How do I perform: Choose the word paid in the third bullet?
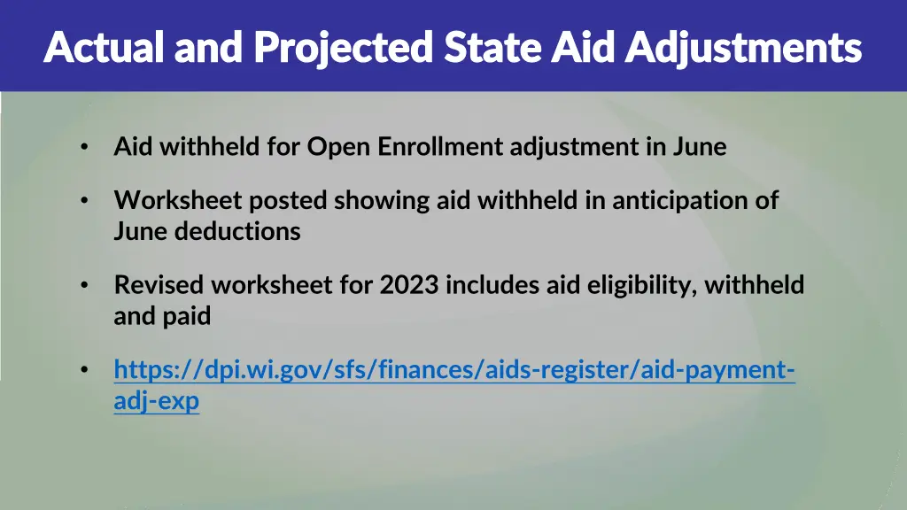[187, 316]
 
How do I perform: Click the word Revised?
[159, 285]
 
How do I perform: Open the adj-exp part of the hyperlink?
[157, 401]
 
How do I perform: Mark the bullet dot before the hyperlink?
[83, 370]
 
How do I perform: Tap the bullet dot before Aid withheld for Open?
[83, 147]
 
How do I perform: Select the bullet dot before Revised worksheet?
[83, 285]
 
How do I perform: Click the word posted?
[289, 201]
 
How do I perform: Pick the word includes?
[487, 285]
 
